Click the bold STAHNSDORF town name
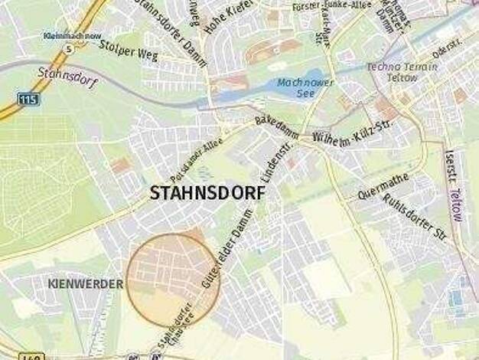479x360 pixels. point(207,193)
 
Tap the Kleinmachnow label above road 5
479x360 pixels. point(73,35)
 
